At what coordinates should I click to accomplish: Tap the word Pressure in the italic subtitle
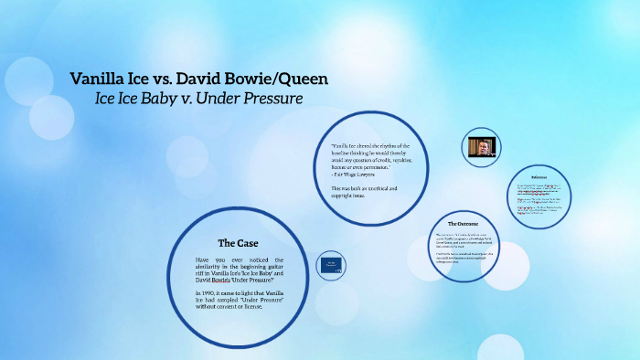click(269, 97)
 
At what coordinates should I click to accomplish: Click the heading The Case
click(238, 243)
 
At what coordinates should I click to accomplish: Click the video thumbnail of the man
click(481, 148)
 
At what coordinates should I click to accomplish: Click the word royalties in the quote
click(400, 159)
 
